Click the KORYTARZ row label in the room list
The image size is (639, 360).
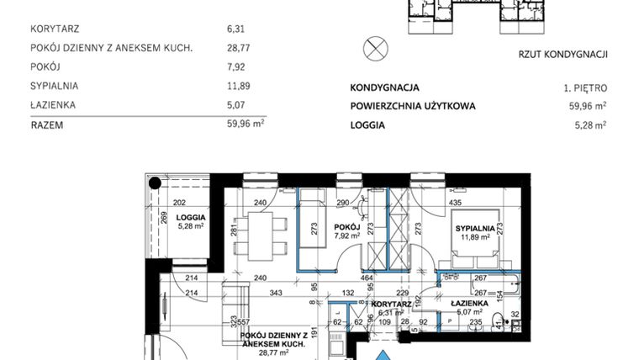tap(55, 29)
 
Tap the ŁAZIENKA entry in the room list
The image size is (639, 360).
tap(52, 105)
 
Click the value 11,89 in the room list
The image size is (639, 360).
tap(240, 86)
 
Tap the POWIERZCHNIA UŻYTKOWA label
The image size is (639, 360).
tap(413, 106)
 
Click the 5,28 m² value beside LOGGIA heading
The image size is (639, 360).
tap(589, 124)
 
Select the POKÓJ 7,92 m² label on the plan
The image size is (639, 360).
tap(346, 231)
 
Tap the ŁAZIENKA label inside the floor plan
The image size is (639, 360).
tap(471, 303)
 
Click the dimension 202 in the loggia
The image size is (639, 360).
tap(178, 203)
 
